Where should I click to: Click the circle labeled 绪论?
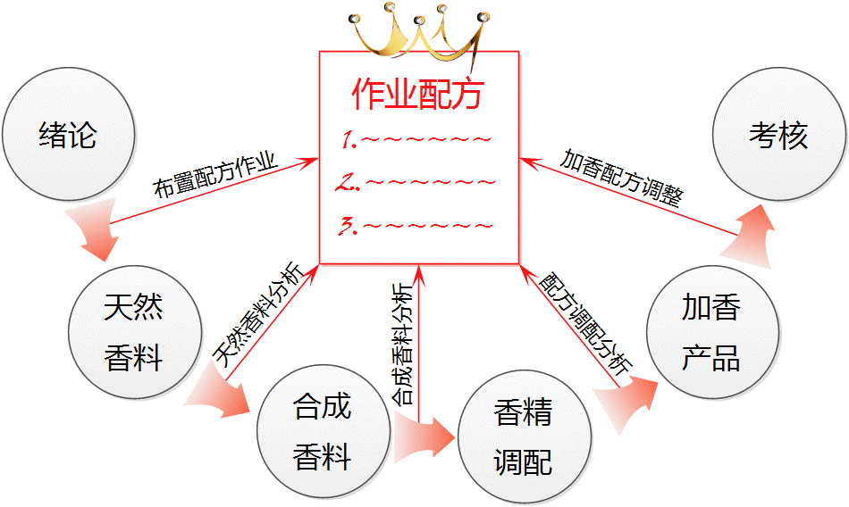(x=68, y=137)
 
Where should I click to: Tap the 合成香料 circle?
(x=323, y=432)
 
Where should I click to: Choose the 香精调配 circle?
(x=524, y=437)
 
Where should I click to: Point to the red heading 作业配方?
(x=418, y=92)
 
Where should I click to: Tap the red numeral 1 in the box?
(x=349, y=140)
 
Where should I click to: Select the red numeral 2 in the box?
(x=348, y=183)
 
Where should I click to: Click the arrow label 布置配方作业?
(x=214, y=178)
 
